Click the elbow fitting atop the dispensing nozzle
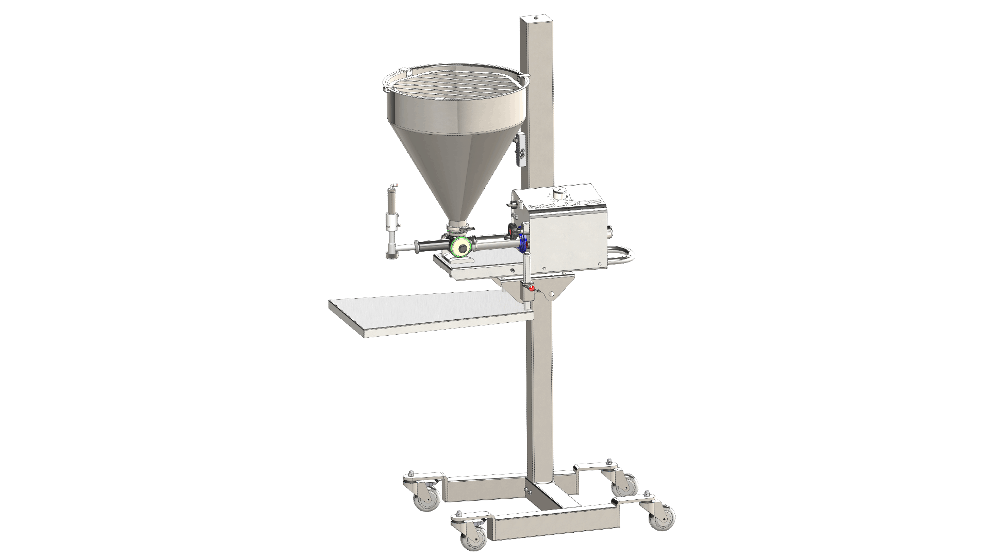pos(393,187)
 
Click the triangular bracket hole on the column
pos(551,293)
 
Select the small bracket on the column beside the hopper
pos(521,150)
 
